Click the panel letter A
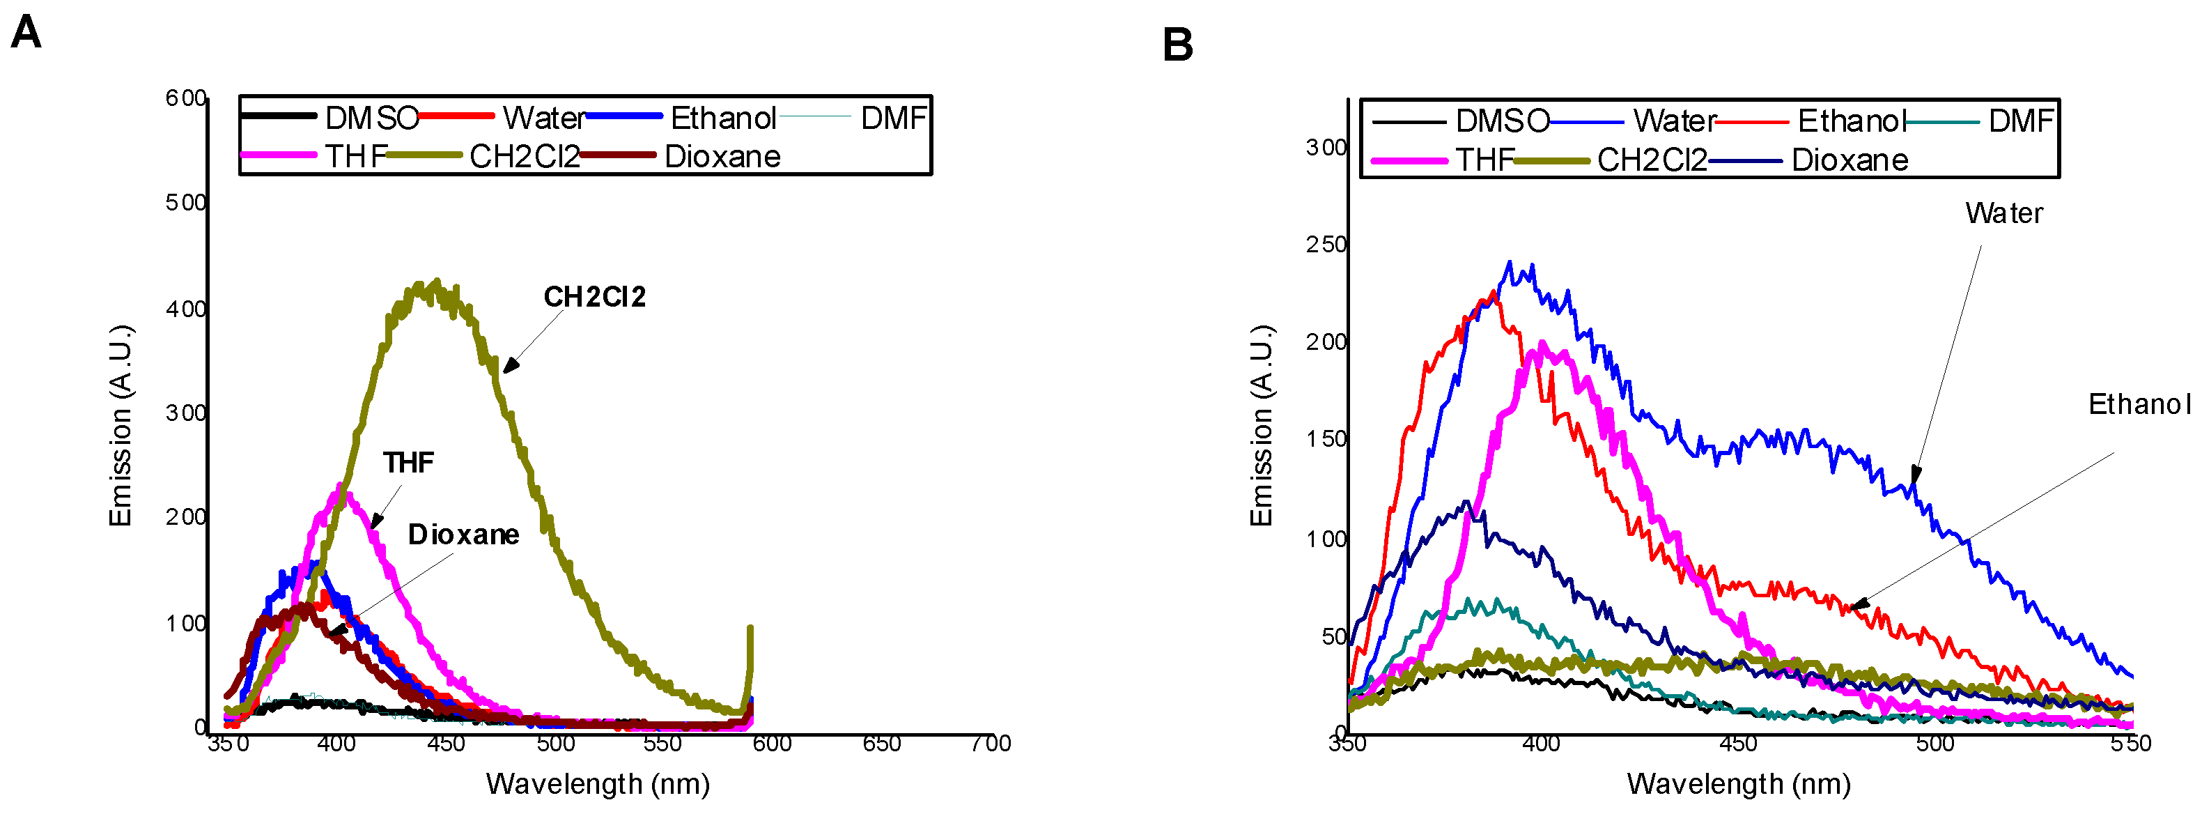tap(26, 34)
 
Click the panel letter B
tap(1177, 45)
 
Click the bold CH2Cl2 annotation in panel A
tap(595, 297)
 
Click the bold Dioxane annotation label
tap(463, 535)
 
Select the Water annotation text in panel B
tap(2003, 213)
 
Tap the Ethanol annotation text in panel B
tap(2139, 404)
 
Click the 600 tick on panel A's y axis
tap(185, 98)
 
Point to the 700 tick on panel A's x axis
tap(991, 744)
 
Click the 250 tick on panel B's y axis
tap(1326, 245)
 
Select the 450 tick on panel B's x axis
tap(1738, 744)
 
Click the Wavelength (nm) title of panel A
tap(598, 783)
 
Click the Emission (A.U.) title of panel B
tap(1262, 425)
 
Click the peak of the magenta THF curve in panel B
tap(1541, 344)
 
